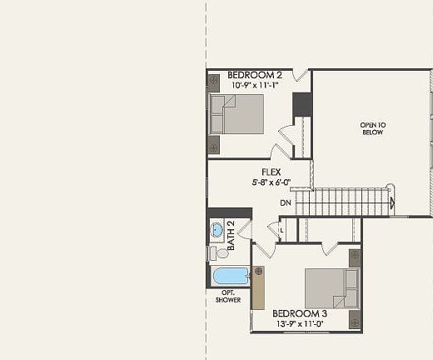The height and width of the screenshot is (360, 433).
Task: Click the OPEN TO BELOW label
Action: click(373, 129)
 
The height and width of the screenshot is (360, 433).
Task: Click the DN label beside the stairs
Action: click(286, 202)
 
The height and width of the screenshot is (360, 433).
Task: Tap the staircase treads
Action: click(345, 202)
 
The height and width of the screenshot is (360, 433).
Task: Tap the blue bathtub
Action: click(231, 275)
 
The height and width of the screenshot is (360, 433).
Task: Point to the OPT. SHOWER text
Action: click(228, 296)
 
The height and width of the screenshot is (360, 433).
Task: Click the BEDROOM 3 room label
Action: click(300, 313)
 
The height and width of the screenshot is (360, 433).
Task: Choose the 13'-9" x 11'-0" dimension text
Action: click(300, 323)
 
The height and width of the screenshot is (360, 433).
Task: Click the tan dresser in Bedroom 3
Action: click(258, 287)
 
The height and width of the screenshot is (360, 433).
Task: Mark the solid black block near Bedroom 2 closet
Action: click(301, 105)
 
